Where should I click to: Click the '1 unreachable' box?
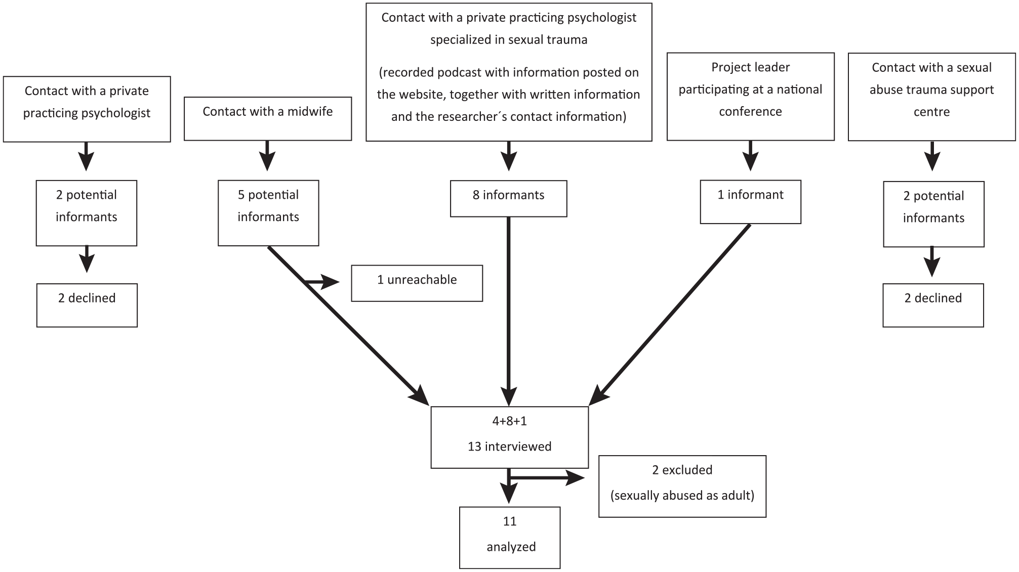pyautogui.click(x=417, y=283)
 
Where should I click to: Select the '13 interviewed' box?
pyautogui.click(x=510, y=437)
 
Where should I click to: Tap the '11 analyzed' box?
pyautogui.click(x=510, y=538)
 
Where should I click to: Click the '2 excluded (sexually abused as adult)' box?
pyautogui.click(x=682, y=487)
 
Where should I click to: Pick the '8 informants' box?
pyautogui.click(x=509, y=199)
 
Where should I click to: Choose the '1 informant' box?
pyautogui.click(x=751, y=202)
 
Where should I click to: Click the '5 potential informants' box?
pyautogui.click(x=268, y=213)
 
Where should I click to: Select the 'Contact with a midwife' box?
pyautogui.click(x=268, y=119)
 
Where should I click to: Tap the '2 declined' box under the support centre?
pyautogui.click(x=933, y=305)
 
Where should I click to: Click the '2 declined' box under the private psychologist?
pyautogui.click(x=87, y=305)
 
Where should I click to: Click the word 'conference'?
pyautogui.click(x=751, y=111)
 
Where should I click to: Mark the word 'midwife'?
pyautogui.click(x=310, y=111)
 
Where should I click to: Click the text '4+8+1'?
pyautogui.click(x=510, y=421)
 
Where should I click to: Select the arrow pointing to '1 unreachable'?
pyautogui.click(x=321, y=282)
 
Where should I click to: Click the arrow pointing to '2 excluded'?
pyautogui.click(x=547, y=477)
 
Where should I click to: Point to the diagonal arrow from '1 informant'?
pyautogui.click(x=669, y=315)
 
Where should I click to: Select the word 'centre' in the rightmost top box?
pyautogui.click(x=932, y=112)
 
